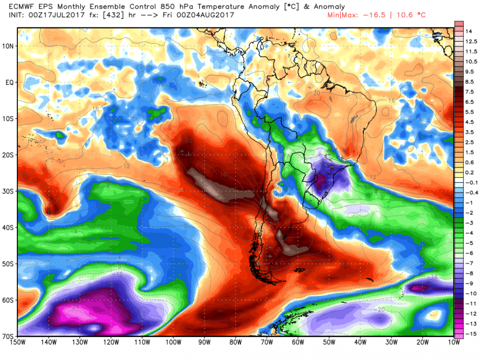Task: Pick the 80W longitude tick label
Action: (235, 343)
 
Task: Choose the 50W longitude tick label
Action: (328, 343)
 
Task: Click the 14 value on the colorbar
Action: (468, 31)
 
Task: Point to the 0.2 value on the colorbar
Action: (469, 172)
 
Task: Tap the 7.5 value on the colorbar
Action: (469, 92)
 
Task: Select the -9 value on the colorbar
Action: (468, 283)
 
